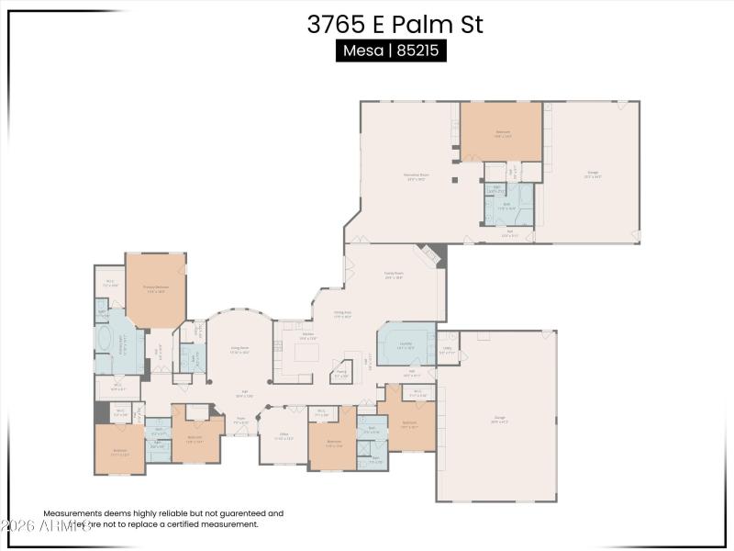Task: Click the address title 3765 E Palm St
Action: (395, 25)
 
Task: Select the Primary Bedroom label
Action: (156, 287)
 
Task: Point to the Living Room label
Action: (239, 349)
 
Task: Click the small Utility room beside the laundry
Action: (448, 349)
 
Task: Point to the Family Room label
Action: (395, 274)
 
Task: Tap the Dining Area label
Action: (343, 315)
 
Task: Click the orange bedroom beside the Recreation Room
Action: (501, 132)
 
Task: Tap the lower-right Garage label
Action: (499, 418)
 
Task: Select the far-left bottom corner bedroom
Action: (120, 449)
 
